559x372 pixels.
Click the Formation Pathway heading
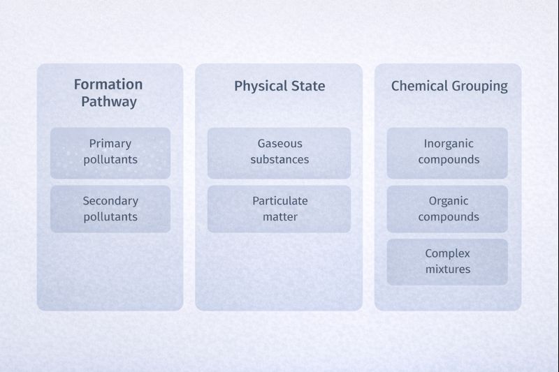[108, 93]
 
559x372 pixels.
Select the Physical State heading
[279, 87]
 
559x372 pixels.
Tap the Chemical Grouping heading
[449, 87]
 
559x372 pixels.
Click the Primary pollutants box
[110, 152]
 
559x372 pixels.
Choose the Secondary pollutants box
[110, 209]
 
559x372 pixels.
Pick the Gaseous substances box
[279, 152]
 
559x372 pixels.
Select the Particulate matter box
[279, 209]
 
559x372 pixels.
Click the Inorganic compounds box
[448, 152]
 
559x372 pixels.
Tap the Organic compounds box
[448, 209]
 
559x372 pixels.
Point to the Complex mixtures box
[448, 262]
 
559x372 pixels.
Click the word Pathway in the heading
[108, 102]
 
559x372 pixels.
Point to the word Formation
[108, 84]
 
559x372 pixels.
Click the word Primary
[110, 144]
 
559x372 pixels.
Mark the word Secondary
[110, 201]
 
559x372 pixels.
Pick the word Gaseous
[279, 144]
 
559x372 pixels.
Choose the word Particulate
[279, 201]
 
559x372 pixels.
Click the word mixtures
[448, 269]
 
